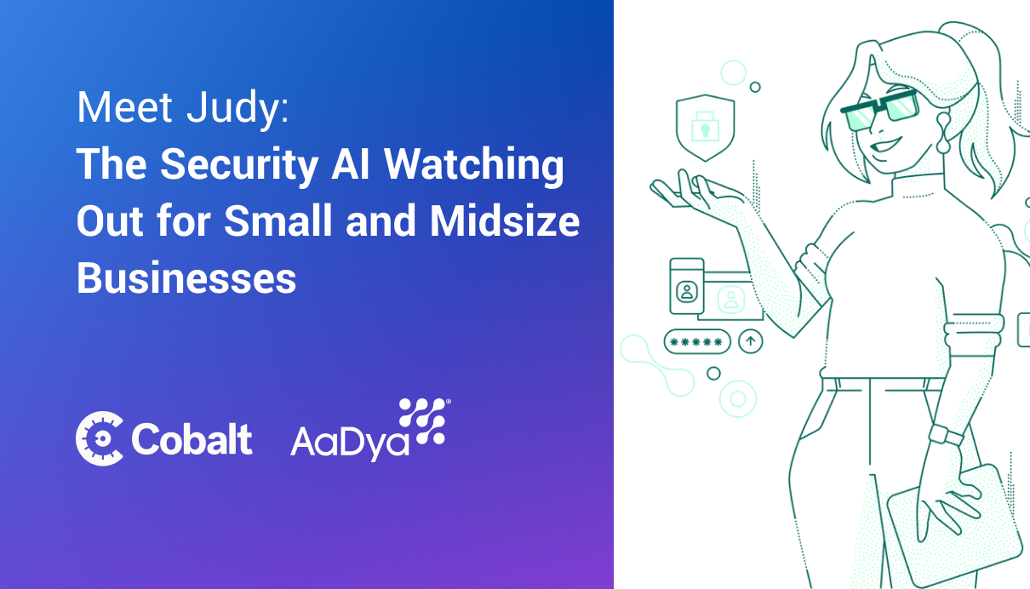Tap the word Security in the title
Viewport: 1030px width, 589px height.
[239, 165]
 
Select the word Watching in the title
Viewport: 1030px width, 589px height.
[474, 165]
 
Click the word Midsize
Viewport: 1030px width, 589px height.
[505, 220]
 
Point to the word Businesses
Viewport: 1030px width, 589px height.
[186, 277]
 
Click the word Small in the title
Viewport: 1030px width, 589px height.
[278, 220]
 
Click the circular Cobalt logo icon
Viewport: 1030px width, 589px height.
[100, 438]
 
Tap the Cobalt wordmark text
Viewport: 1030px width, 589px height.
[192, 438]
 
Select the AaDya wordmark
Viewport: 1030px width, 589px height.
[350, 443]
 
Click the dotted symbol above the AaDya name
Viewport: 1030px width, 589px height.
[424, 421]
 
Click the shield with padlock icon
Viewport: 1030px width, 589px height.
[705, 128]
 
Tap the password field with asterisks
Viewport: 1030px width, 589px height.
[697, 341]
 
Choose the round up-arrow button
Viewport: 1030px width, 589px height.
[751, 341]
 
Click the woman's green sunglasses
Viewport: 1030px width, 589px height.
[879, 111]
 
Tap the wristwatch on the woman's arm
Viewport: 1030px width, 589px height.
[946, 434]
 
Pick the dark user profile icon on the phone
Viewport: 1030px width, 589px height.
[686, 291]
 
